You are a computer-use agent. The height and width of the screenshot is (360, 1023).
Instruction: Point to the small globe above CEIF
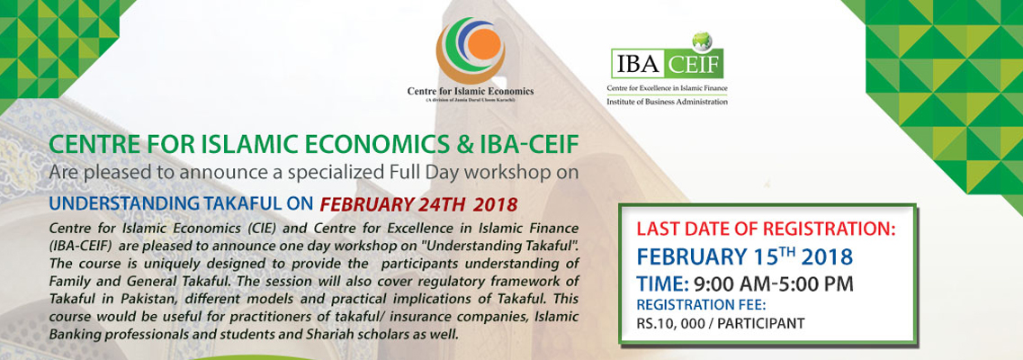pyautogui.click(x=697, y=40)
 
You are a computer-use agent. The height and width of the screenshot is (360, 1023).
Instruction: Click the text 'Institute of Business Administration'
pyautogui.click(x=667, y=101)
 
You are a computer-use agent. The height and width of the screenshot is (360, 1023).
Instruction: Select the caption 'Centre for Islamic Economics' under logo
pyautogui.click(x=470, y=91)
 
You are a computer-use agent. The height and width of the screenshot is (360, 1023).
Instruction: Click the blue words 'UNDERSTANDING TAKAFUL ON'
pyautogui.click(x=181, y=202)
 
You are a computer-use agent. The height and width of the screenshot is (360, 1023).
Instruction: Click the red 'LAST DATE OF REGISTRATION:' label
pyautogui.click(x=766, y=229)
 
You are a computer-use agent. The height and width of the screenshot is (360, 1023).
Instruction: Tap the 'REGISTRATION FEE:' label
pyautogui.click(x=691, y=304)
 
